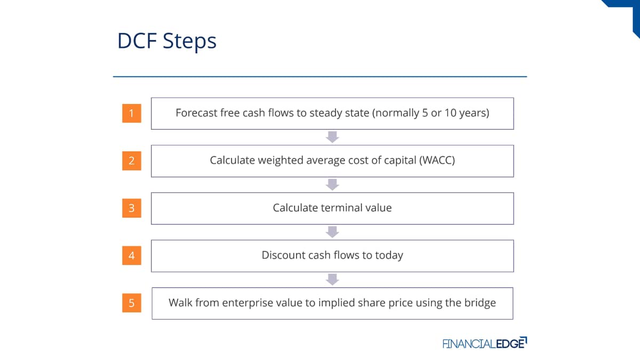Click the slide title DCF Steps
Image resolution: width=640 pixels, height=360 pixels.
pos(167,41)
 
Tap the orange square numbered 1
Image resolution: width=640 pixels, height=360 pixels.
pos(132,113)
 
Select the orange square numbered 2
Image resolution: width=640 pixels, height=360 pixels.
pos(132,161)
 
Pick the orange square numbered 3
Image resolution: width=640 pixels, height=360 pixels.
pos(132,208)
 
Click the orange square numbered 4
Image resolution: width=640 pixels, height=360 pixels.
pos(132,255)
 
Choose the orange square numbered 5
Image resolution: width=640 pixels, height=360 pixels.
pos(132,303)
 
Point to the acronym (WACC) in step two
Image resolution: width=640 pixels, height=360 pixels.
pos(437,161)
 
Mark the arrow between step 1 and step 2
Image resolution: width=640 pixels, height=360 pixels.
pos(332,137)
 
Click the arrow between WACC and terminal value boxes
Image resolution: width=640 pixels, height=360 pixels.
pos(332,185)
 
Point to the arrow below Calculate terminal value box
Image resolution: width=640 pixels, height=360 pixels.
pos(332,232)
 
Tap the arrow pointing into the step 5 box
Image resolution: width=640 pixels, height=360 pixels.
pos(332,279)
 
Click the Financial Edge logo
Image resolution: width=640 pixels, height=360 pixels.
pos(485,343)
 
